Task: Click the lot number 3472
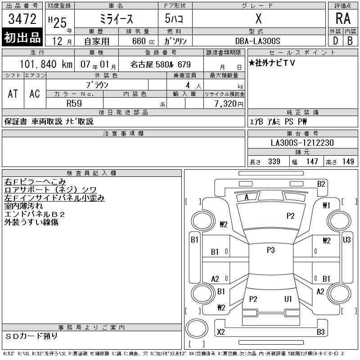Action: pyautogui.click(x=22, y=19)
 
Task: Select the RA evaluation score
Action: pyautogui.click(x=343, y=18)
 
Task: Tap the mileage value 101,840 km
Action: pyautogui.click(x=46, y=64)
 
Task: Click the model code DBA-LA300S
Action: pyautogui.click(x=257, y=41)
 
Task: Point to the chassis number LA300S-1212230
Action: pyautogui.click(x=302, y=143)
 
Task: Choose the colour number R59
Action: pyautogui.click(x=74, y=103)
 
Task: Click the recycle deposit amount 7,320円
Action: pyautogui.click(x=229, y=104)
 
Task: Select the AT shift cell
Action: pyautogui.click(x=13, y=94)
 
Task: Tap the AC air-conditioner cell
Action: pyautogui.click(x=35, y=94)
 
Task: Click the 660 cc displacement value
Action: pyautogui.click(x=143, y=41)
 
